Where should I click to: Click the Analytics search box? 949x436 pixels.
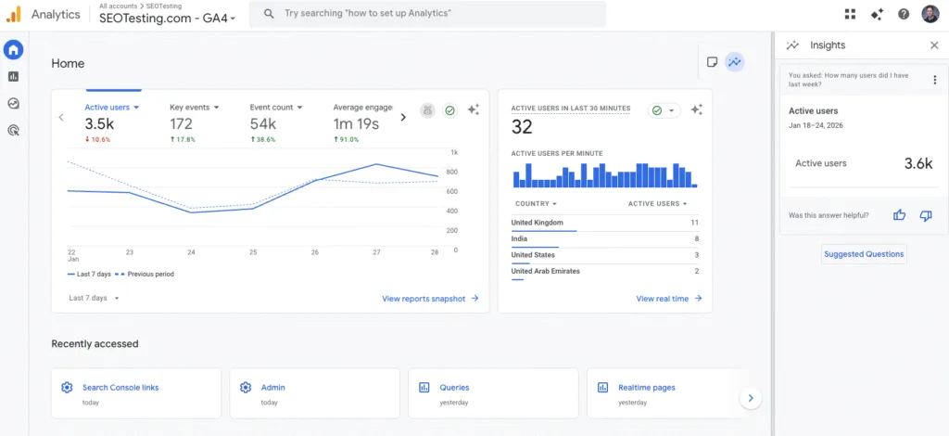coord(433,14)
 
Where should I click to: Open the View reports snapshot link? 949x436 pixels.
coord(430,299)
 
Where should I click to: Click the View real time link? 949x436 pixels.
coord(668,299)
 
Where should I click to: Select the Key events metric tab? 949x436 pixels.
coord(195,108)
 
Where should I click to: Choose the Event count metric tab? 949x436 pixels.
coord(275,108)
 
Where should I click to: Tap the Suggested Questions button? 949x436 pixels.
coord(864,254)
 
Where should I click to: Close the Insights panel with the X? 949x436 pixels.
coord(933,45)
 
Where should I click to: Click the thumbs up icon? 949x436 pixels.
coord(899,215)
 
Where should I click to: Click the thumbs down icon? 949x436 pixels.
coord(925,215)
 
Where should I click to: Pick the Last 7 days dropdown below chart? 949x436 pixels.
coord(94,299)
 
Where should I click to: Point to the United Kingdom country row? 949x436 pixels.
coord(538,223)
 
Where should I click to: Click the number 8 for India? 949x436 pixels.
coord(696,239)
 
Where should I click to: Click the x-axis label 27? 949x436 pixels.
coord(376,252)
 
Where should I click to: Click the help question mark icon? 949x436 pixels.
coord(904,14)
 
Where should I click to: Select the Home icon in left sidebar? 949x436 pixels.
coord(14,50)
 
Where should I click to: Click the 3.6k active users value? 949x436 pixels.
coord(917,163)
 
